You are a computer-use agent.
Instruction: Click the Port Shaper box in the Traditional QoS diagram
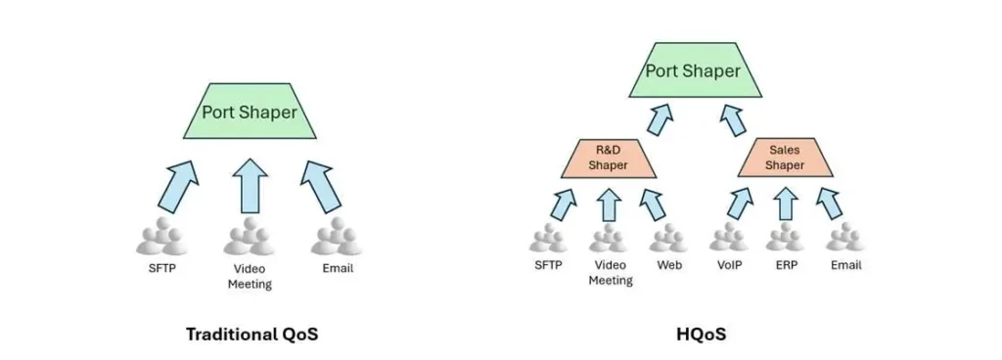249,112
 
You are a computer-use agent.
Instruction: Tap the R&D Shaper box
608,157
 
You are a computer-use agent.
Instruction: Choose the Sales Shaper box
785,157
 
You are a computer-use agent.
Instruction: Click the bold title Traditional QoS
252,334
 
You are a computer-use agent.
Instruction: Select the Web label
669,265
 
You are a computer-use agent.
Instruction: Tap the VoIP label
729,265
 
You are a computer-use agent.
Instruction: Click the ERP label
785,265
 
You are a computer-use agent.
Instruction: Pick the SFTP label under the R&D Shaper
549,265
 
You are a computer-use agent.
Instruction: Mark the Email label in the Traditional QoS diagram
338,268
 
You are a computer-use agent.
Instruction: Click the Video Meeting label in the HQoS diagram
610,272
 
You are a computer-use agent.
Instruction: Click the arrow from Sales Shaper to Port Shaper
733,117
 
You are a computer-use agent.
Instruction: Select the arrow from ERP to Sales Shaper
785,202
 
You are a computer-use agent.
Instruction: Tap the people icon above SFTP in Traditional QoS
160,238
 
